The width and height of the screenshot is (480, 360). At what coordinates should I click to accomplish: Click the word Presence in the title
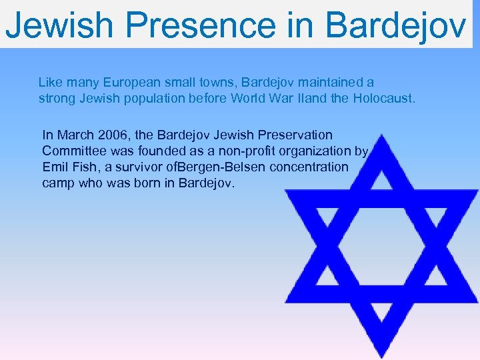coord(199,25)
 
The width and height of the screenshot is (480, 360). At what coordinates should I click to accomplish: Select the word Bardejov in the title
coord(396,25)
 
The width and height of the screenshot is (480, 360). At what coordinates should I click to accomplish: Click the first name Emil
coord(55,167)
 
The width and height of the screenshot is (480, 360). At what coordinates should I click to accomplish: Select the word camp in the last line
coord(58,183)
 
